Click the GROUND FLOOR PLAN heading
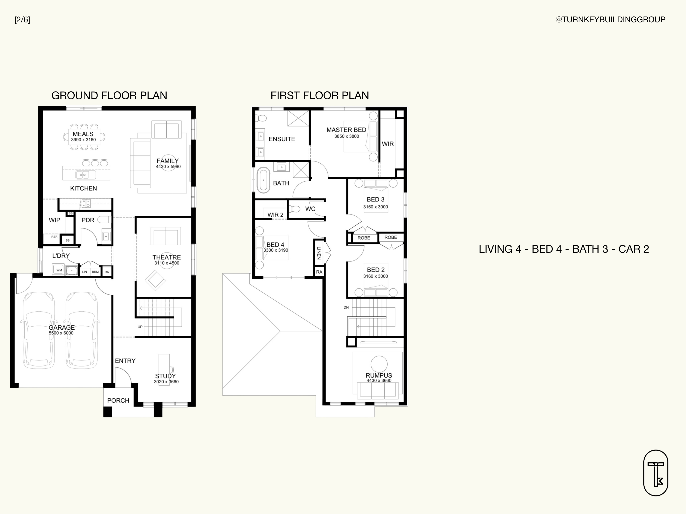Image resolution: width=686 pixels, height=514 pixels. pos(109,96)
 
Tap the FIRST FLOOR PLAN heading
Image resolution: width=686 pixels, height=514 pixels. pos(320,96)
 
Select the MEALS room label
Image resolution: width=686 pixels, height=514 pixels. pos(83,134)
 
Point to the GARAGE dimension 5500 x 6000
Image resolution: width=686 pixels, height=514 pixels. pos(61,333)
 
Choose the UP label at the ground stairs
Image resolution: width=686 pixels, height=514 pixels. pos(140,327)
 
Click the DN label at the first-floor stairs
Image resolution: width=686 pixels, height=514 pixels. pos(346,307)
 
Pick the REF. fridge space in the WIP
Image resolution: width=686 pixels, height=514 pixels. pos(55,238)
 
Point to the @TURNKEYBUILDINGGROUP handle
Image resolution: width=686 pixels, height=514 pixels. pos(610,19)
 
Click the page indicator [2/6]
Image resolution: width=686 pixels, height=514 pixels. pos(22,20)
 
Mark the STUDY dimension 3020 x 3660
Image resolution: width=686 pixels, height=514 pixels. pos(166,382)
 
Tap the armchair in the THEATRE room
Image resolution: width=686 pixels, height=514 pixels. pos(155,280)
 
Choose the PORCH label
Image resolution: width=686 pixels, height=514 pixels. pos(118,401)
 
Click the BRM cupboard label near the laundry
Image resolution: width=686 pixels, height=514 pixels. pos(95,272)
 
